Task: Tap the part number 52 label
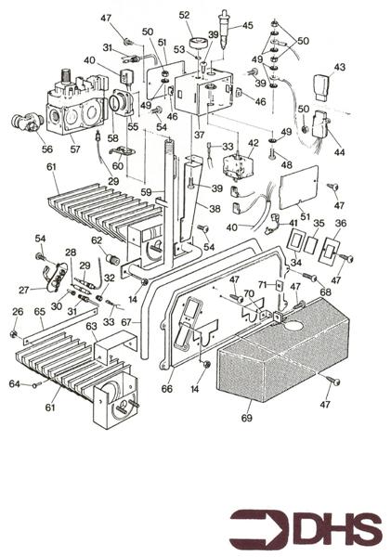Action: pos(184,15)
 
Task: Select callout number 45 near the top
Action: pos(247,25)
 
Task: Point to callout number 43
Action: pos(340,67)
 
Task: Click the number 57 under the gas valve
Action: pos(75,149)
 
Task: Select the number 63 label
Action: pos(91,327)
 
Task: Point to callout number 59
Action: pos(145,192)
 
